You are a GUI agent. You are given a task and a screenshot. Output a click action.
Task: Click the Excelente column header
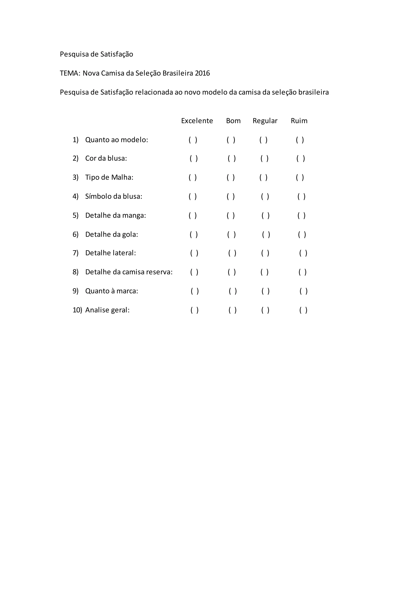pyautogui.click(x=197, y=121)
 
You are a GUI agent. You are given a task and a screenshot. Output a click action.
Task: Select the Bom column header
pyautogui.click(x=233, y=121)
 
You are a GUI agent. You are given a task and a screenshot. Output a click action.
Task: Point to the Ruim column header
pyautogui.click(x=299, y=121)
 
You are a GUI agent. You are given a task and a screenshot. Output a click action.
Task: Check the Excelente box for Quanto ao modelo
pyautogui.click(x=193, y=140)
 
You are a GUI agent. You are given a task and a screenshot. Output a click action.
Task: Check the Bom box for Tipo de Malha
pyautogui.click(x=231, y=178)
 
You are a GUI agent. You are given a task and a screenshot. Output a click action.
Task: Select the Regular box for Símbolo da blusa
pyautogui.click(x=265, y=197)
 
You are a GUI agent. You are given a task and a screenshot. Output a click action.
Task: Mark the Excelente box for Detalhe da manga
pyautogui.click(x=193, y=215)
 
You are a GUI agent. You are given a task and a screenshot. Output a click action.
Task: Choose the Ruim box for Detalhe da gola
pyautogui.click(x=302, y=234)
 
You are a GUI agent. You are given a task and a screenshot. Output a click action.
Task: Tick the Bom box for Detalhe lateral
pyautogui.click(x=232, y=253)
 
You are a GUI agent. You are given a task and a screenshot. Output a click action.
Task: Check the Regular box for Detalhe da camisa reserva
pyautogui.click(x=264, y=272)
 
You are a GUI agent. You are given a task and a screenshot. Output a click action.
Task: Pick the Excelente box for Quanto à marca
pyautogui.click(x=195, y=291)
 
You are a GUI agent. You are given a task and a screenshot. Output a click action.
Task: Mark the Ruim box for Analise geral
pyautogui.click(x=303, y=310)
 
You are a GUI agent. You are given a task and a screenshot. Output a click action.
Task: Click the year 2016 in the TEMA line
pyautogui.click(x=202, y=73)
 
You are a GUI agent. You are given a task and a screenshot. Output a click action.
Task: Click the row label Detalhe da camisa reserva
pyautogui.click(x=129, y=272)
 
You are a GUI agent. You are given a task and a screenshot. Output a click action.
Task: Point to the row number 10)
pyautogui.click(x=77, y=310)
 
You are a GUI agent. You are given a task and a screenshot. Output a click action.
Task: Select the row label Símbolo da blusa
pyautogui.click(x=114, y=197)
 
